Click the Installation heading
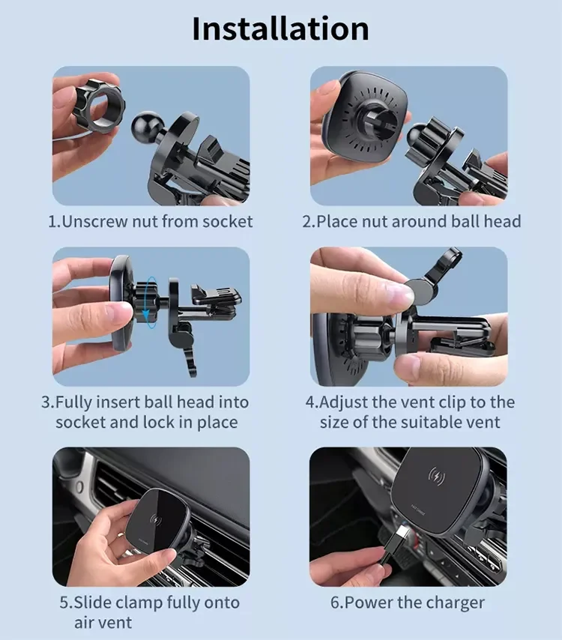coord(280,29)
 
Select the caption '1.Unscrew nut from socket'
coord(151,222)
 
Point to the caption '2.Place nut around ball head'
coord(411,222)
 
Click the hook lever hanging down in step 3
coord(185,353)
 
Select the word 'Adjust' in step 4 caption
coord(345,402)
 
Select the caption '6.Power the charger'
coord(407,603)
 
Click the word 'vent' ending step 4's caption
coord(483,422)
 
